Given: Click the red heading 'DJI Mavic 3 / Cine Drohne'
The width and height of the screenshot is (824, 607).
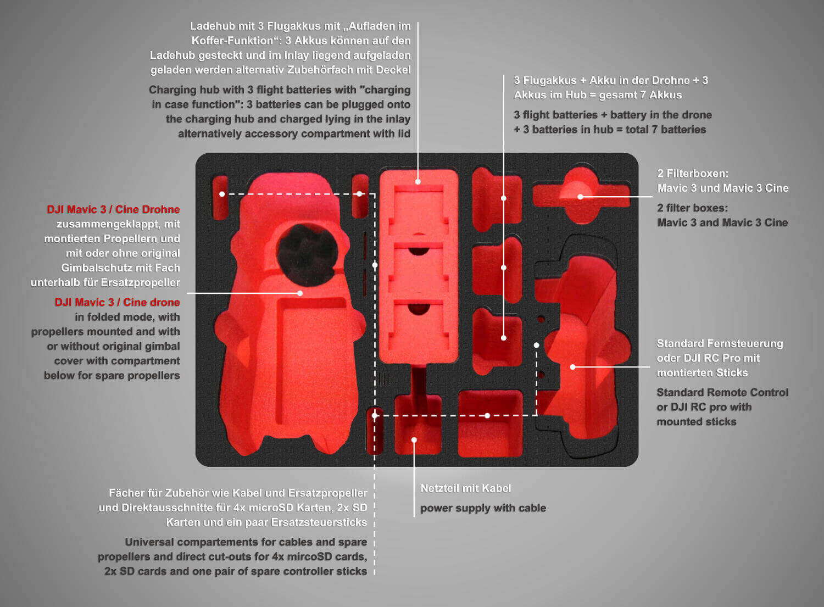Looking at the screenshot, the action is click(x=113, y=209).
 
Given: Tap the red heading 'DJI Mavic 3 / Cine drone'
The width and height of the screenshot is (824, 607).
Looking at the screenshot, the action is click(x=118, y=302).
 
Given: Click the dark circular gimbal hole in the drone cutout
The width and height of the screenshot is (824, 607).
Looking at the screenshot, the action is click(x=307, y=254).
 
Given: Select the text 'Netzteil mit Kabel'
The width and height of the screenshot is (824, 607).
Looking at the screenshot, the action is click(x=466, y=488).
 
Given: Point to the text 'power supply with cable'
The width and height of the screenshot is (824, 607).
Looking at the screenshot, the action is click(x=483, y=508).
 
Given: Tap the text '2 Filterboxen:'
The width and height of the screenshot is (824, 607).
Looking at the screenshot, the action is click(x=693, y=173).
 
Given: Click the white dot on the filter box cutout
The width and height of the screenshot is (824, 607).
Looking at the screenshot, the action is click(x=580, y=197).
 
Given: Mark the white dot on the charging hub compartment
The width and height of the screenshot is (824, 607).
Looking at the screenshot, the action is click(x=418, y=182).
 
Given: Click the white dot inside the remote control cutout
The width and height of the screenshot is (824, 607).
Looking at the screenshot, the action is click(x=573, y=367).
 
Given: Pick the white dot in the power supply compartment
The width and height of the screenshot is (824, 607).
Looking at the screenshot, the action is click(x=414, y=440).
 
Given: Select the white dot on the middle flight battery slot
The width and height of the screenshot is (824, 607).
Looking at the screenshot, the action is click(x=504, y=268).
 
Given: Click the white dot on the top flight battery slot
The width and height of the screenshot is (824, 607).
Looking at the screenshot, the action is click(x=504, y=198).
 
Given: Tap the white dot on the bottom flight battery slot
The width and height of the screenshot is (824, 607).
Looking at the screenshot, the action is click(x=504, y=338).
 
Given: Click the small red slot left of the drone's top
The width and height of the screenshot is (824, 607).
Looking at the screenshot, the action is click(x=220, y=198).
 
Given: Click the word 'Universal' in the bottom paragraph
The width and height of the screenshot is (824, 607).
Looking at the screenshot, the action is click(x=149, y=542).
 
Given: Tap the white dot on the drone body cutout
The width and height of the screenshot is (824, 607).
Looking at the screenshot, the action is click(x=300, y=293).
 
